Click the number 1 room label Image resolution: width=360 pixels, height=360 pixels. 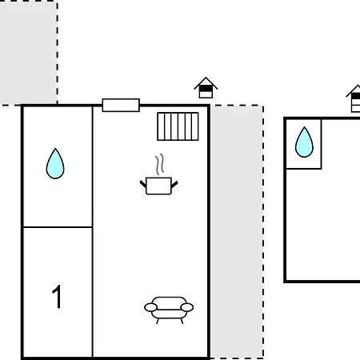(x=57, y=297)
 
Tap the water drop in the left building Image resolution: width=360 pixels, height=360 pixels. (x=55, y=164)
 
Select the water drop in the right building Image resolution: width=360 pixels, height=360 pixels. (x=304, y=142)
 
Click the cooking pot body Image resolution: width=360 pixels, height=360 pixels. (x=158, y=186)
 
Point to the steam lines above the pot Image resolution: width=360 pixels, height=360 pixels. (x=159, y=164)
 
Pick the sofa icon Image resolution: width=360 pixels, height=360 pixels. (x=169, y=310)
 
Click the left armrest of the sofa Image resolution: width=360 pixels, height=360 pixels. (x=150, y=307)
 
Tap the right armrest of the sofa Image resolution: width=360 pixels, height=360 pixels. (x=187, y=307)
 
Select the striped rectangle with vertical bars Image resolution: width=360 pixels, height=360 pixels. (x=178, y=126)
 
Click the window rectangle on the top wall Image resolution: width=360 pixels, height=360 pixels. (x=121, y=105)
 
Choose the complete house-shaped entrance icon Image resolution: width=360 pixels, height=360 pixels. (x=206, y=88)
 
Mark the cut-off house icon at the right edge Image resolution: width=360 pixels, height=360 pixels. (x=354, y=98)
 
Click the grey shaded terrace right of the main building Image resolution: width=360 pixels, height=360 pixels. (x=237, y=231)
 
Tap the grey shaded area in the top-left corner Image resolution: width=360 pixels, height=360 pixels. (x=28, y=53)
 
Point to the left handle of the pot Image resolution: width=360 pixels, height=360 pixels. (x=143, y=184)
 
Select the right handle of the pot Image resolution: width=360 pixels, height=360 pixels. (x=174, y=184)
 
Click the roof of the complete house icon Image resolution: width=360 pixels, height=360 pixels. (x=206, y=83)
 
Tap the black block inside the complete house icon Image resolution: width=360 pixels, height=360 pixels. (x=206, y=88)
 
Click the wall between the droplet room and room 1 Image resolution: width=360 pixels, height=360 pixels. (x=58, y=227)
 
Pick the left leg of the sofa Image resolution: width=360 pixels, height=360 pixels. (x=158, y=321)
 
